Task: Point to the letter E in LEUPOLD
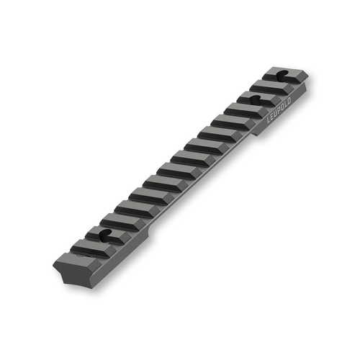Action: coord(269,123)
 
